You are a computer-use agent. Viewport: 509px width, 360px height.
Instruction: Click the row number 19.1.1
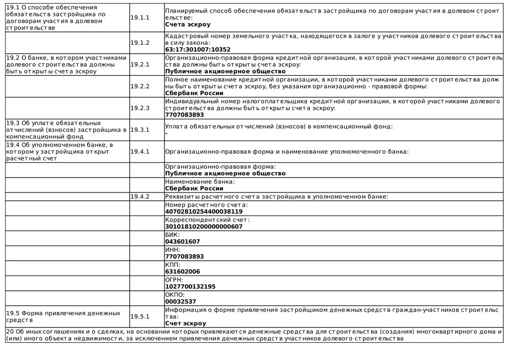click(x=140, y=17)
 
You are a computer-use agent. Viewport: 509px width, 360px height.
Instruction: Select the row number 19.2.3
click(x=140, y=108)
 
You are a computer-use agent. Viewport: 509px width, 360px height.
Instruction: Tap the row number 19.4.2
click(x=140, y=197)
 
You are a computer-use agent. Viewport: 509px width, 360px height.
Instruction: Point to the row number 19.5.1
click(x=140, y=317)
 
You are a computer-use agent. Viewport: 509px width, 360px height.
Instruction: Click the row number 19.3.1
click(x=140, y=130)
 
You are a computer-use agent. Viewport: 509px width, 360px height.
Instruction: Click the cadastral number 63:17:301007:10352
click(x=198, y=50)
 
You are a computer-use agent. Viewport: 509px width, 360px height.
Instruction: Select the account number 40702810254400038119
click(x=204, y=211)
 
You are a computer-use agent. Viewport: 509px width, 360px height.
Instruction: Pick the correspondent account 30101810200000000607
click(x=204, y=227)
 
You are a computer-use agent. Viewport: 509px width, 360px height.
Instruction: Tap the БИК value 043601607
click(x=183, y=242)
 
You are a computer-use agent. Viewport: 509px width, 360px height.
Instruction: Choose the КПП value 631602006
click(x=183, y=272)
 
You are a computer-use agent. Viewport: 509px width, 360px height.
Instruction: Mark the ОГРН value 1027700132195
click(x=190, y=287)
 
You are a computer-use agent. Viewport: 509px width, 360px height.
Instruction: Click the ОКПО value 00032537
click(x=181, y=302)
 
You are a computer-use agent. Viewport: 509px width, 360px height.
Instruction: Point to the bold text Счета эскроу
click(x=188, y=24)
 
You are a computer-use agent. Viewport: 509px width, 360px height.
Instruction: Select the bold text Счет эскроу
click(x=186, y=324)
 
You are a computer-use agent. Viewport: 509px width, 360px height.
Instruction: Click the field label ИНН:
click(x=173, y=250)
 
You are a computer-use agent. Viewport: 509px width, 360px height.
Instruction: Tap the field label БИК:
click(x=173, y=235)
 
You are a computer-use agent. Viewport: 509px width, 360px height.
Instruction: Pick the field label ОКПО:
click(x=175, y=295)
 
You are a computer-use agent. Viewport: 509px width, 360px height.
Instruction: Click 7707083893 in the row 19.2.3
click(x=185, y=115)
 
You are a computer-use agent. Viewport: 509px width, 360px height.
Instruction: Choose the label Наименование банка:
click(x=200, y=181)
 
